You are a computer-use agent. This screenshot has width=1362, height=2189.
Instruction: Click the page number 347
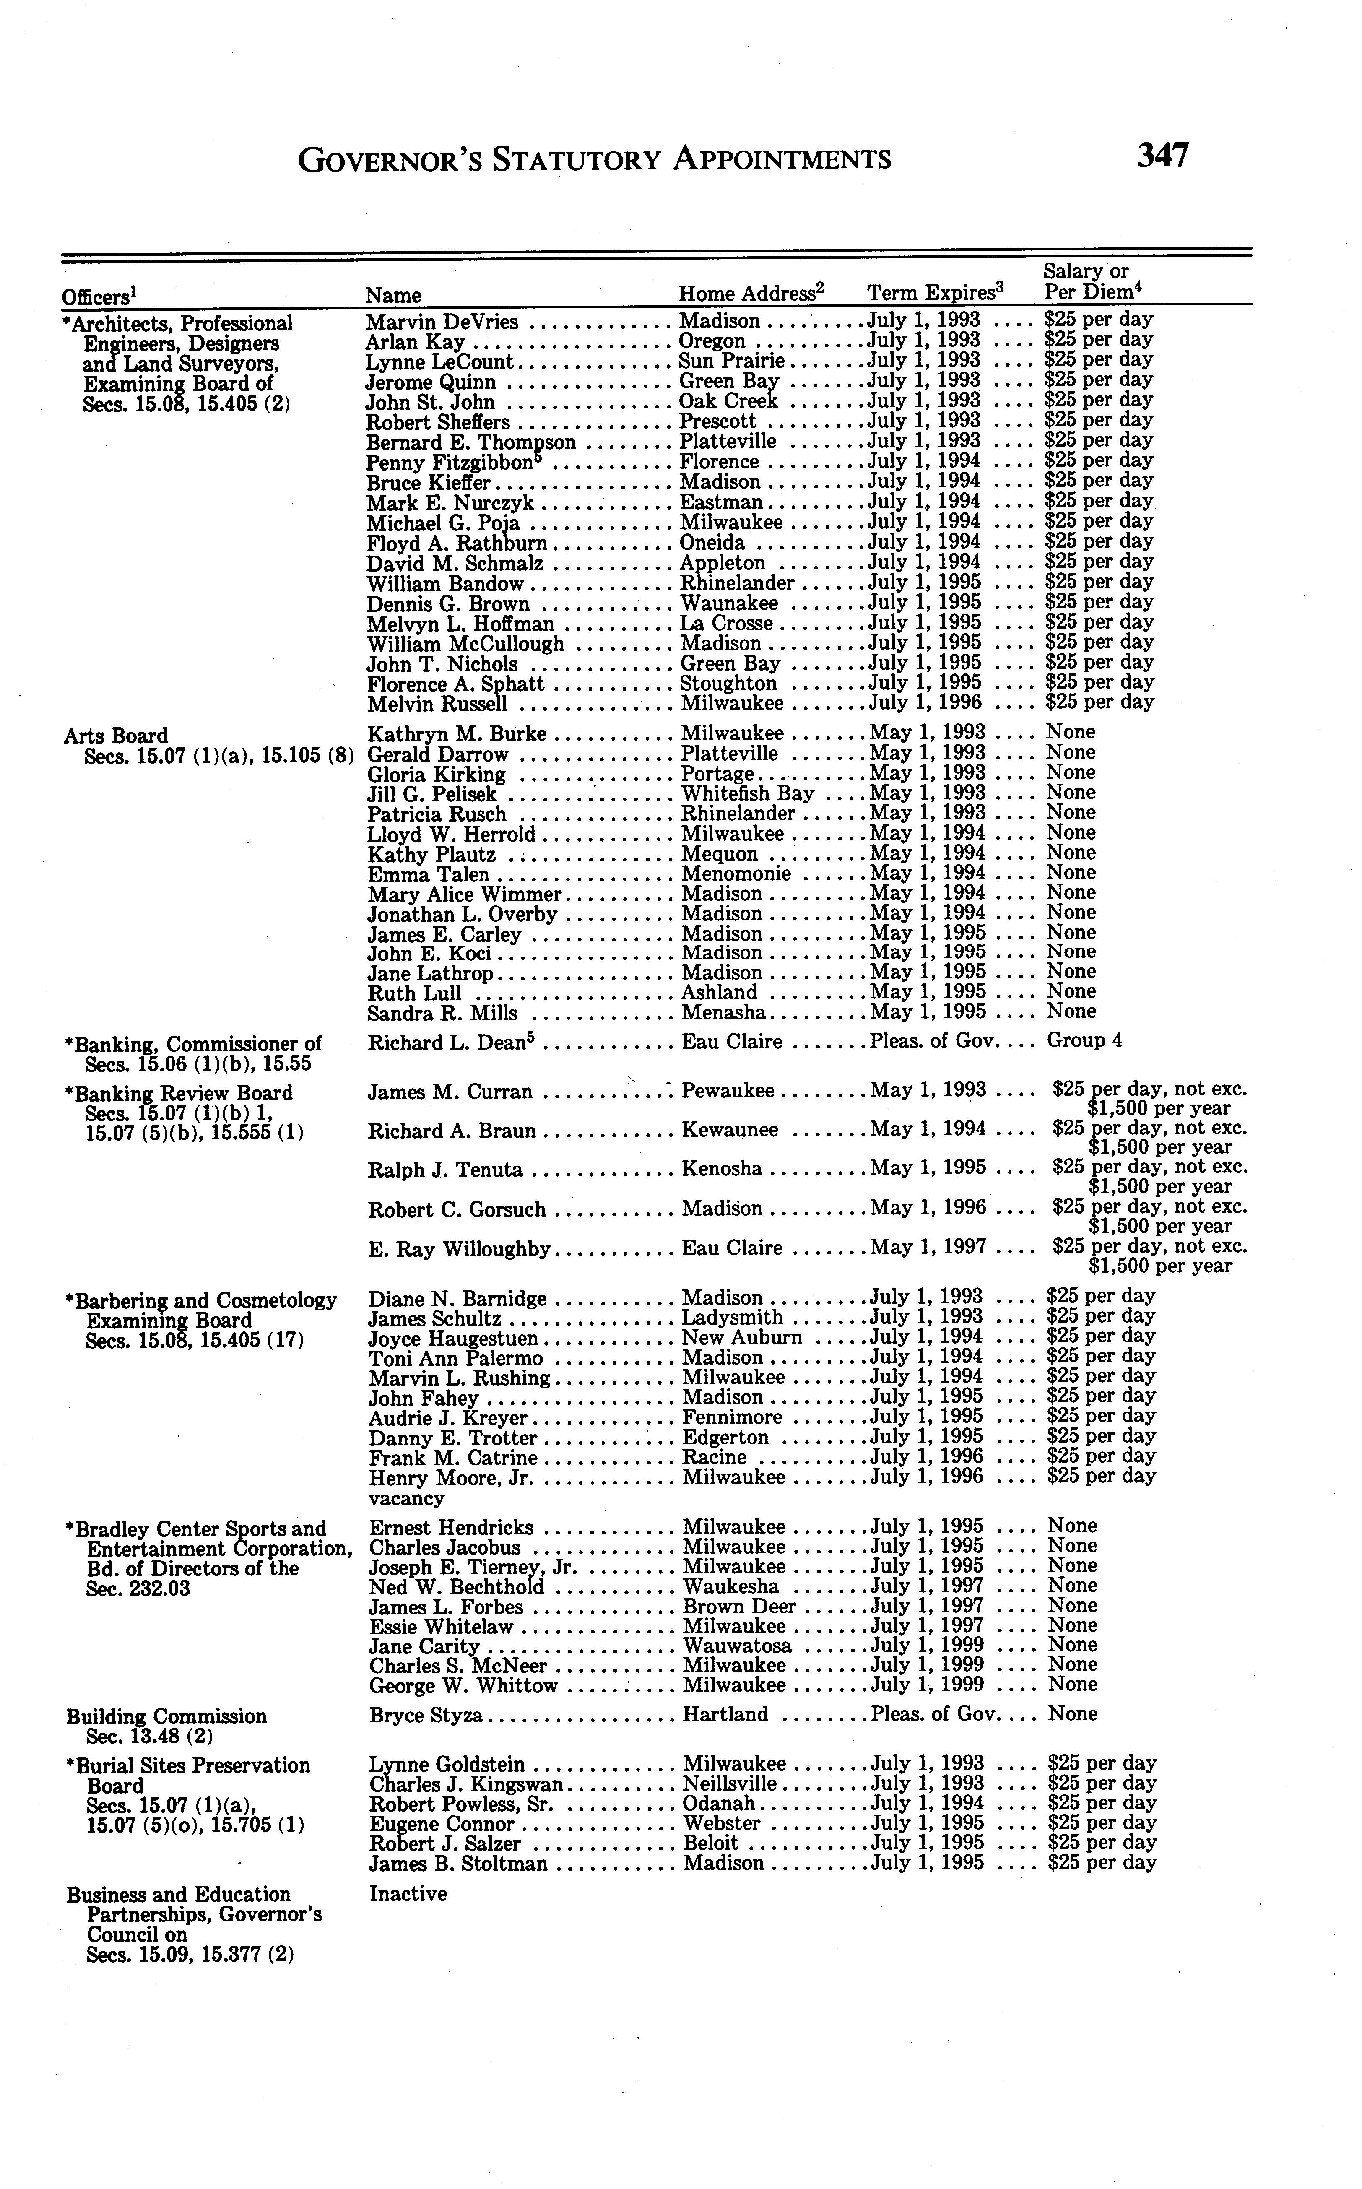point(1162,156)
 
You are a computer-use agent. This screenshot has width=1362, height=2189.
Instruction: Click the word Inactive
point(408,1893)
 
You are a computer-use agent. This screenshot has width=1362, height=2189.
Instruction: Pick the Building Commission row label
point(166,1716)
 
